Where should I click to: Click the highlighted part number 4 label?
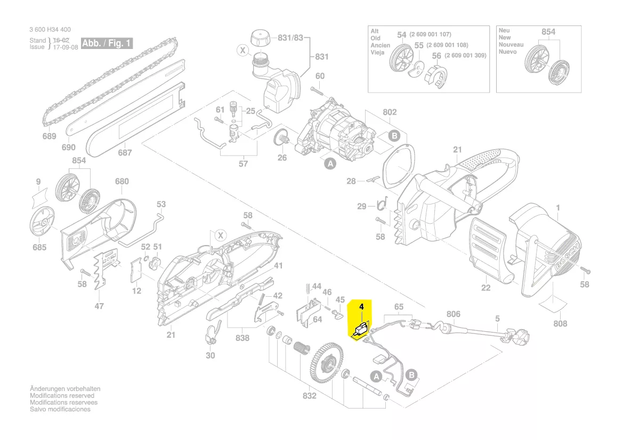pyautogui.click(x=361, y=307)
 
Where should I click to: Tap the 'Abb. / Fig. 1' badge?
pyautogui.click(x=106, y=43)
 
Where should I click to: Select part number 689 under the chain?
pyautogui.click(x=49, y=136)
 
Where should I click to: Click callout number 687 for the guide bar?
pyautogui.click(x=125, y=153)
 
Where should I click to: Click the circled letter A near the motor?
pyautogui.click(x=330, y=165)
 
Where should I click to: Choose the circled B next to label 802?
pyautogui.click(x=394, y=136)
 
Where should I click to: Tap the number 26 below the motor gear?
pyautogui.click(x=282, y=158)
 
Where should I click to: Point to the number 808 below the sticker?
pyautogui.click(x=560, y=323)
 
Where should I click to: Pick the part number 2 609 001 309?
pyautogui.click(x=465, y=55)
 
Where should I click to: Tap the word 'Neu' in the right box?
pyautogui.click(x=504, y=31)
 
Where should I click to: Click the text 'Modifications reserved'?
pyautogui.click(x=62, y=396)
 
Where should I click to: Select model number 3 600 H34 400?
pyautogui.click(x=50, y=30)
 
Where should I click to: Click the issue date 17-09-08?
pyautogui.click(x=66, y=47)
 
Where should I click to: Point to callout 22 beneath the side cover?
pyautogui.click(x=486, y=288)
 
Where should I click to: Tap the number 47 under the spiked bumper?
pyautogui.click(x=99, y=306)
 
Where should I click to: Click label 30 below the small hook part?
pyautogui.click(x=211, y=355)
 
